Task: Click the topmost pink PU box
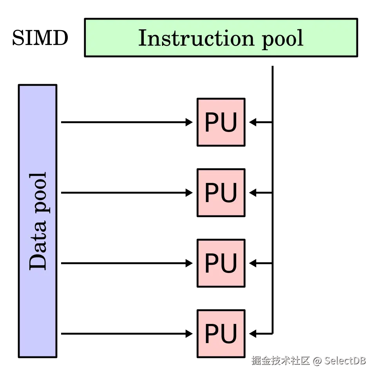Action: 221,122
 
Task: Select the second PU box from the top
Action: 221,193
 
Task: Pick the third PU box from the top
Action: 221,263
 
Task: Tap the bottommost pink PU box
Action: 221,334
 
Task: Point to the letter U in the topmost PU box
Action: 230,123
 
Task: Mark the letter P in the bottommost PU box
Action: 212,334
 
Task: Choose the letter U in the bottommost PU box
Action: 230,334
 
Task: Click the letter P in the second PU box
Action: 212,193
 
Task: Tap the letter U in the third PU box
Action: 230,264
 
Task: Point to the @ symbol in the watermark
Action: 317,360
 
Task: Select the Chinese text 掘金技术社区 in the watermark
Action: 280,360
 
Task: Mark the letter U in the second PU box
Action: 230,193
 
